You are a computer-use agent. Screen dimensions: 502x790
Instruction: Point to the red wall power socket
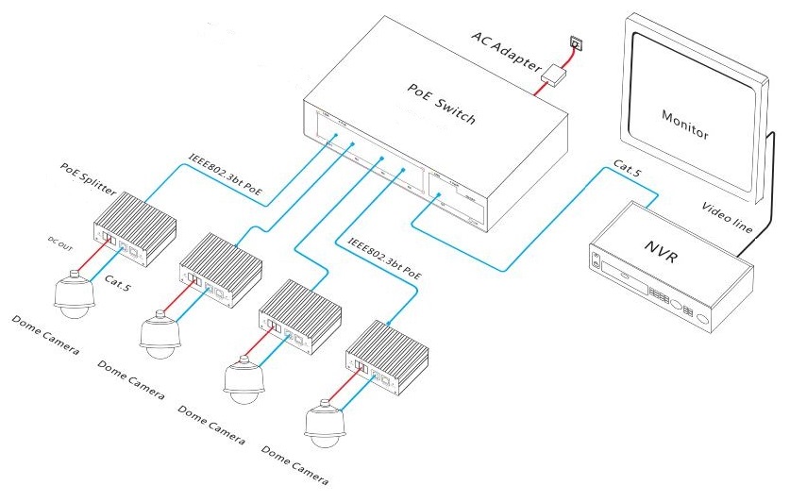(575, 42)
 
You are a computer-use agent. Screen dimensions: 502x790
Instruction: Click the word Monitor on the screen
(684, 124)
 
